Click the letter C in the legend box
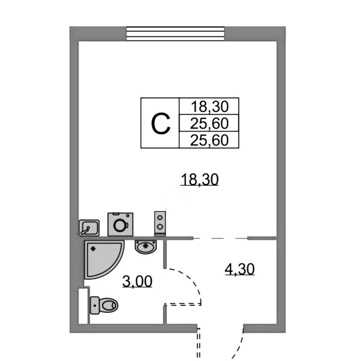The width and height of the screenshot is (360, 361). [160, 123]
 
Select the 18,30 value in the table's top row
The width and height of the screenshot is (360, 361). [210, 106]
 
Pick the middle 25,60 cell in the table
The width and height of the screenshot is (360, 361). [210, 124]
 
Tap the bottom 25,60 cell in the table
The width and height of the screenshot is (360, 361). [210, 140]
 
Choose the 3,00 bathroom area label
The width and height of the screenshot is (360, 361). [137, 281]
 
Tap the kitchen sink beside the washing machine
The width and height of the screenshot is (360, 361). [89, 228]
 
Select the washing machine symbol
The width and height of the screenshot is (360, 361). [120, 224]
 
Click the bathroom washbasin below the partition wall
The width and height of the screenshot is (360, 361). [146, 247]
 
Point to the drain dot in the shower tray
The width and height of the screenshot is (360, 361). [93, 249]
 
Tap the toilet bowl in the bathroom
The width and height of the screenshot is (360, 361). [108, 305]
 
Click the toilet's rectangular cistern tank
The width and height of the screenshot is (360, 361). [95, 305]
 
